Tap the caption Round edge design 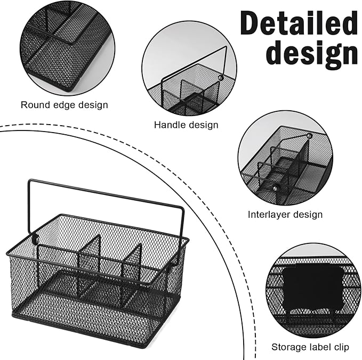(x=64, y=105)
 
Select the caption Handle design (x=186, y=125)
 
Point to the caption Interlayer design (x=285, y=215)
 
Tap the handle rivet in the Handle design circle (x=220, y=78)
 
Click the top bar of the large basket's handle (x=107, y=191)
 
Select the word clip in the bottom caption (x=340, y=347)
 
